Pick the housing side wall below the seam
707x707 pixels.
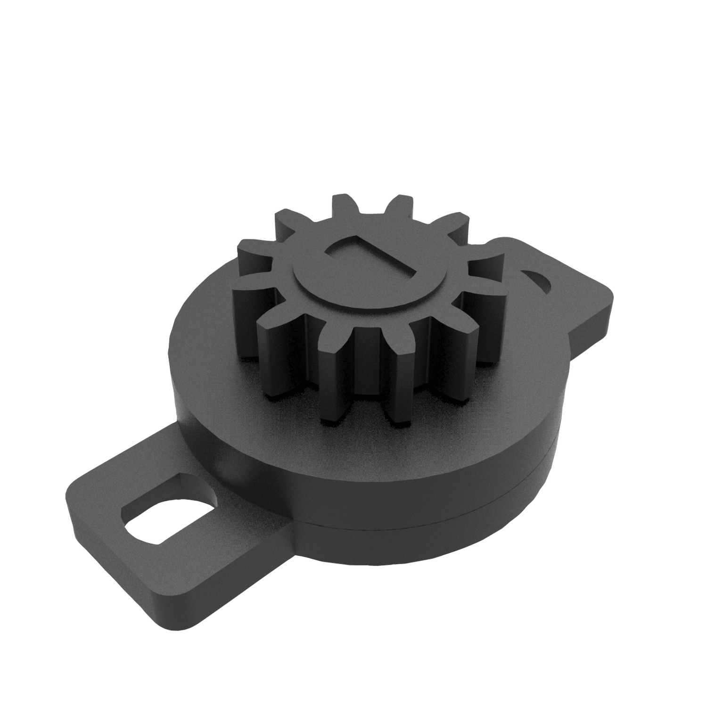pos(424,542)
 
